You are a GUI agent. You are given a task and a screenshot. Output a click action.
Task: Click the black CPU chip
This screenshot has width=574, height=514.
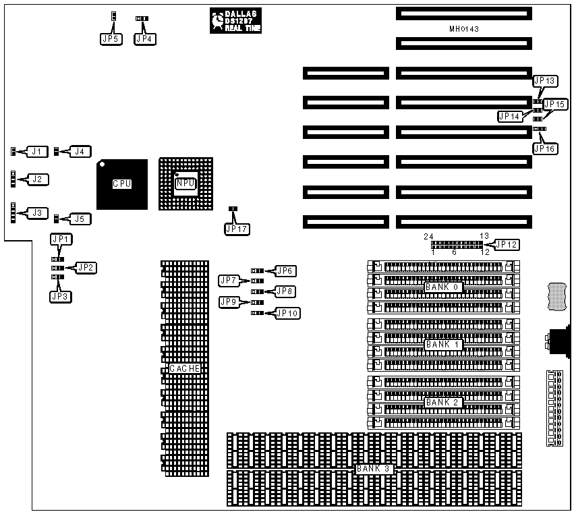coord(121,183)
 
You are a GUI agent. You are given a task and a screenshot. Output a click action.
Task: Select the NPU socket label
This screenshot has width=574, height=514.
coord(185,183)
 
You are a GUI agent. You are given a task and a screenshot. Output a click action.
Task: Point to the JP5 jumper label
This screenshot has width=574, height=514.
coord(110,39)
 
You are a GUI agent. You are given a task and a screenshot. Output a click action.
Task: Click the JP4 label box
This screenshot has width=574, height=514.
coord(145,39)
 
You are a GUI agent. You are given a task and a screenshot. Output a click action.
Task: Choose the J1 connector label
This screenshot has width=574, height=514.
coord(38,152)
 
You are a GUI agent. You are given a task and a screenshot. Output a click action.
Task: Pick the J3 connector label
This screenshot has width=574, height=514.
coord(38,213)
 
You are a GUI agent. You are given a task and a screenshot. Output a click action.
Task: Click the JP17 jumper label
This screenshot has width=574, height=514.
coord(237,229)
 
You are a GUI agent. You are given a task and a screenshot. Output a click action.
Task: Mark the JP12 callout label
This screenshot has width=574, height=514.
coord(507,244)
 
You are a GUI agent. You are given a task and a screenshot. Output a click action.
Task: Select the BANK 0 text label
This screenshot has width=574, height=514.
coord(442,287)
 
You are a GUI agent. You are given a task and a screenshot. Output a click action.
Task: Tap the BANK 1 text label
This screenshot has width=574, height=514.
coord(442,345)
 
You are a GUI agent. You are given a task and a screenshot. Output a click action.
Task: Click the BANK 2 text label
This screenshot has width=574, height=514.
coord(442,403)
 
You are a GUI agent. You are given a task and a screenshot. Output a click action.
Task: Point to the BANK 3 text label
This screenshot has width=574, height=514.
coord(374,468)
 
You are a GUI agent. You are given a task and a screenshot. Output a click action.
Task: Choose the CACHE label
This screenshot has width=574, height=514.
coord(185,368)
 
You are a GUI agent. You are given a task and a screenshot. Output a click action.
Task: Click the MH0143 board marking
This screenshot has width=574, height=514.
coord(463,29)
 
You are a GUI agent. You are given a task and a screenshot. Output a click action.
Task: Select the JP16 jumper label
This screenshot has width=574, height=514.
coord(545,148)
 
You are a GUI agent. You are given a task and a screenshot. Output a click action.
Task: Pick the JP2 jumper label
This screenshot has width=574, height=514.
coord(87,268)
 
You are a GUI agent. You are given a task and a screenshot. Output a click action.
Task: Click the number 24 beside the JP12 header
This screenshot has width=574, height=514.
coord(428,236)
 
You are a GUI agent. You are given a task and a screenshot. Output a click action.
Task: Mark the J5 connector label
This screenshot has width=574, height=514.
coord(80,219)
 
